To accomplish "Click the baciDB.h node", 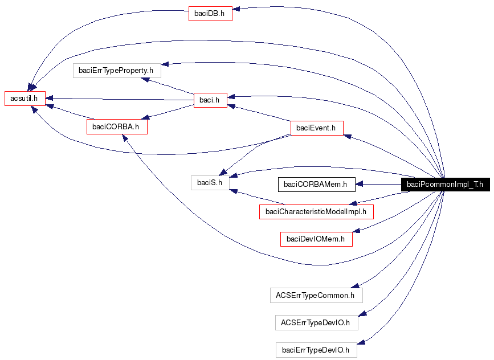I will point(210,14).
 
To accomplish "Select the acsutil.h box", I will point(25,98).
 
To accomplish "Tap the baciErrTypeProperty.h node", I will point(117,71).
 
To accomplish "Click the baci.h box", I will point(210,100).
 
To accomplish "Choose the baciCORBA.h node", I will point(116,126).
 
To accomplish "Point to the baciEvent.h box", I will point(317,128).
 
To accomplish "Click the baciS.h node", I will point(210,182).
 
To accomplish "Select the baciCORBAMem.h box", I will point(315,184).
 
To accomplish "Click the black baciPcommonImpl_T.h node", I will point(444,184).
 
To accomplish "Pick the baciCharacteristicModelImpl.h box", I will point(316,212).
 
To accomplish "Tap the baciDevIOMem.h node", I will point(316,239).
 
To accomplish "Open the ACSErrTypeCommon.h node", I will point(316,295).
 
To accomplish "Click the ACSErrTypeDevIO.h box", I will point(316,322).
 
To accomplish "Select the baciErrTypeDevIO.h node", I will point(316,350).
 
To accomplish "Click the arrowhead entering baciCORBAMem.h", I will point(359,184).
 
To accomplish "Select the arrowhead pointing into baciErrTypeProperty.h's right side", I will point(165,64).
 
